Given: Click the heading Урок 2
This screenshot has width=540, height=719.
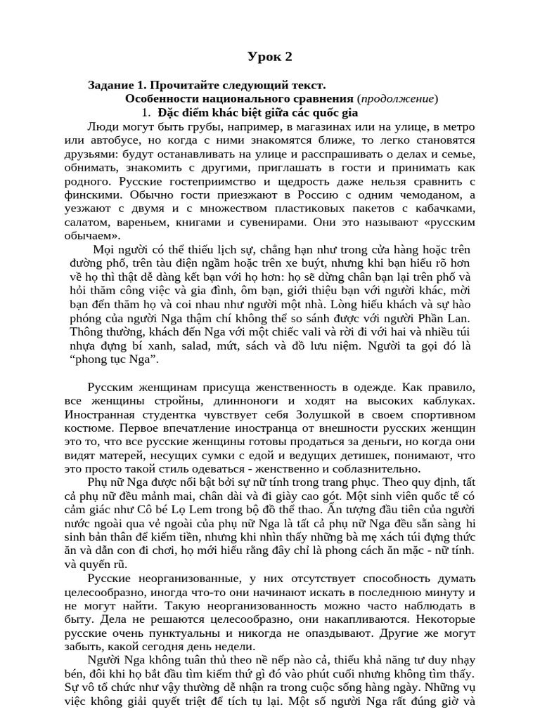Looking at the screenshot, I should click(269, 57).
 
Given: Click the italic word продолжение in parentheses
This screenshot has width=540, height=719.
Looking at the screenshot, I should click(398, 98).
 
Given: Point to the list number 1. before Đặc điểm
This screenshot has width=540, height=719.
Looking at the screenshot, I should click(146, 112).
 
